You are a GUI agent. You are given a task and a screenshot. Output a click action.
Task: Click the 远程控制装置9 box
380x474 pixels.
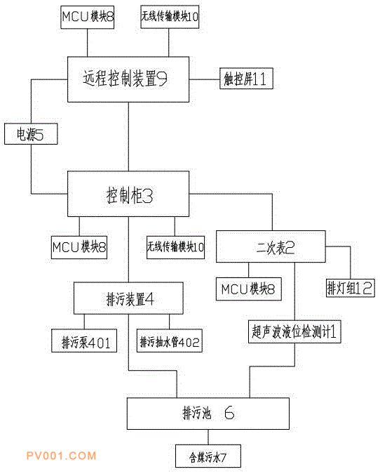click(x=128, y=79)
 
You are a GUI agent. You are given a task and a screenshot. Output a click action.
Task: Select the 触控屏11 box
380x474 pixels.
click(x=246, y=78)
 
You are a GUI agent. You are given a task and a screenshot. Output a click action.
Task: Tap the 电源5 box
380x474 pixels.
click(x=31, y=133)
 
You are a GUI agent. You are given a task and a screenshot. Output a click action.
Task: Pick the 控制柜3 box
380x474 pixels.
click(x=128, y=194)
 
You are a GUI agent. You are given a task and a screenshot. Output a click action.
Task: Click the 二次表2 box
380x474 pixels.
click(x=271, y=246)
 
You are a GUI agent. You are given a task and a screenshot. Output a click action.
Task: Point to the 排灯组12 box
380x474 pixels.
click(x=350, y=288)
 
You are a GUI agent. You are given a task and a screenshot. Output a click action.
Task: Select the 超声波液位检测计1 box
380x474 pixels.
click(x=294, y=331)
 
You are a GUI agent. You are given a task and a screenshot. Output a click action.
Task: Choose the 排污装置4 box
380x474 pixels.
click(x=128, y=298)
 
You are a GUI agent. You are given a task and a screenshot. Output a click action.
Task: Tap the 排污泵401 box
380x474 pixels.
click(x=84, y=341)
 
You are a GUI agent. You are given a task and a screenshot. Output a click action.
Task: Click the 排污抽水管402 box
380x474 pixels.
click(x=170, y=341)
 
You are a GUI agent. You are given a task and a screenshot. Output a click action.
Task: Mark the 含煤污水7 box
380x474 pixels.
click(x=208, y=456)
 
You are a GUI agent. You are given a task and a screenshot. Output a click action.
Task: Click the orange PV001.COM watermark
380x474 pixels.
click(x=61, y=456)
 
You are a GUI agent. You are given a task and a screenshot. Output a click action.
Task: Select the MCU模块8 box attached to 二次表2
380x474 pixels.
click(x=249, y=289)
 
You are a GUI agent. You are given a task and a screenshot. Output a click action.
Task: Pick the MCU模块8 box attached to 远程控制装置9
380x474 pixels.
click(x=87, y=18)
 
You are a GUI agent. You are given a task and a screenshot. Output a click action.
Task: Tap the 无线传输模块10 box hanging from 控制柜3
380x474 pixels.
click(x=175, y=247)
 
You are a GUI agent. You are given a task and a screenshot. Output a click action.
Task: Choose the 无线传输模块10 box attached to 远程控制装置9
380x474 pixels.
click(x=170, y=17)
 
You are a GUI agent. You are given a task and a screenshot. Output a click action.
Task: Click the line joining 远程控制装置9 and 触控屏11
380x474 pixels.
click(x=204, y=79)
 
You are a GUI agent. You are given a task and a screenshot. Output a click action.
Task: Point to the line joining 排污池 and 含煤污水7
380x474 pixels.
click(x=208, y=437)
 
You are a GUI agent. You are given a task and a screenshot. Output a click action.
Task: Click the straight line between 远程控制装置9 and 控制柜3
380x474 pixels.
click(x=128, y=137)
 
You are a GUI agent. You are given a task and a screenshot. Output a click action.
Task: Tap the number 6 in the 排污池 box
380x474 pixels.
click(x=229, y=413)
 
